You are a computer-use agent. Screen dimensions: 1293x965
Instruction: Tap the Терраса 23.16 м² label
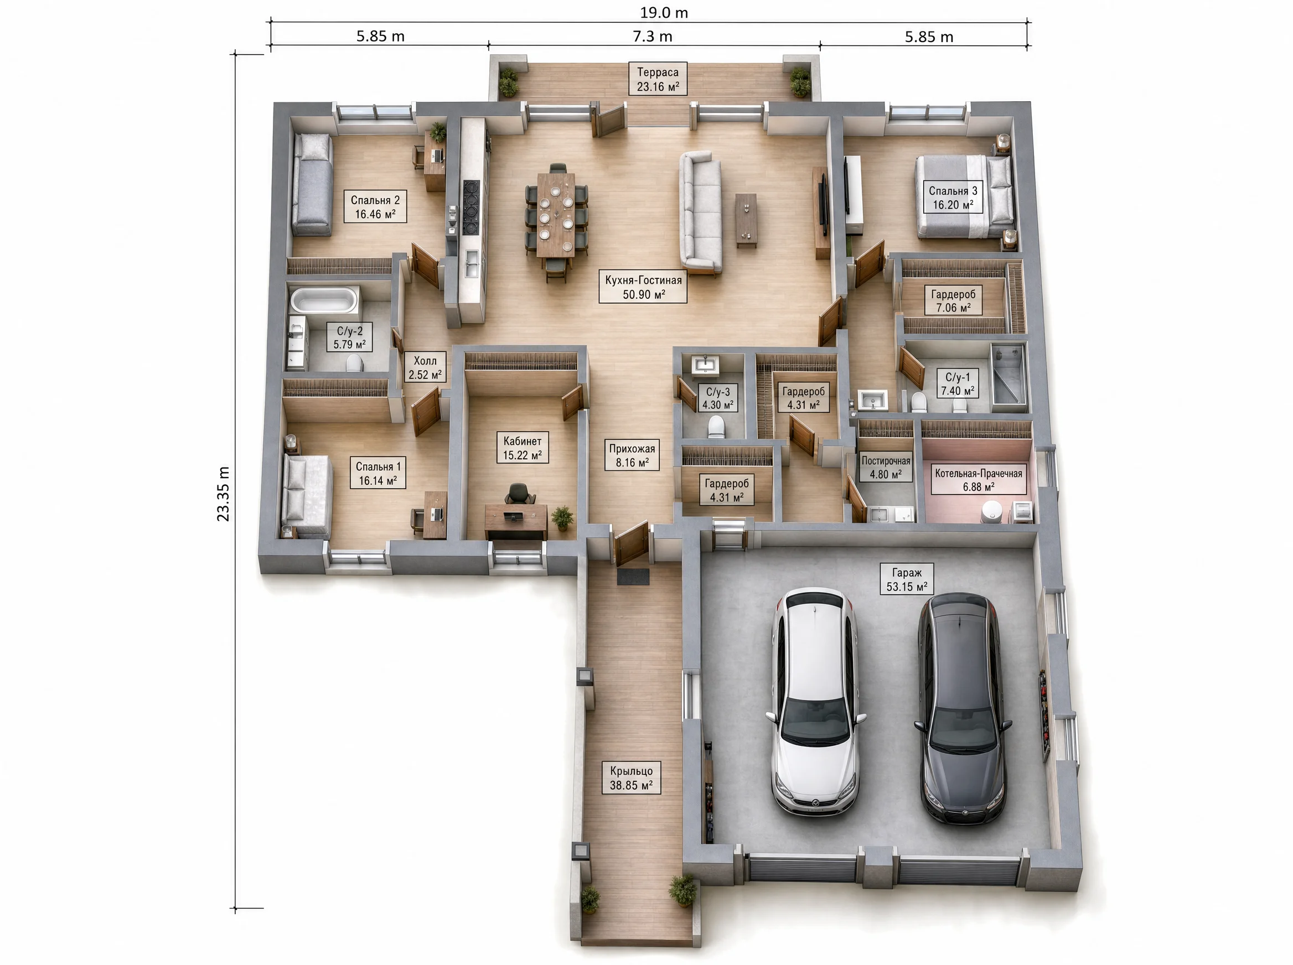pos(658,79)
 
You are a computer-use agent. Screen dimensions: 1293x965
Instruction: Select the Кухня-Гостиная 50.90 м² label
pos(643,286)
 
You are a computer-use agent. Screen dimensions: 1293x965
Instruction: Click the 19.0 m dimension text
pos(664,12)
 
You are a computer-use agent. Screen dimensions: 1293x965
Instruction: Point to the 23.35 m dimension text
pos(223,494)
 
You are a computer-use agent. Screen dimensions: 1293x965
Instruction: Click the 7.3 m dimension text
pos(653,36)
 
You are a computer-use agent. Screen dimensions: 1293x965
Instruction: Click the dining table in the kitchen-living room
pos(556,214)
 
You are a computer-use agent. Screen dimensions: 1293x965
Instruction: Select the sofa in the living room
pos(700,212)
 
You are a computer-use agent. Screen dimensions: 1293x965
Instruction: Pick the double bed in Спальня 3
pos(965,196)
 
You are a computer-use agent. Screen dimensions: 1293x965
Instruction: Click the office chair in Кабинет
pos(518,494)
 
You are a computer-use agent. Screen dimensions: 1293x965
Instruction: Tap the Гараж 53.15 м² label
pos(907,579)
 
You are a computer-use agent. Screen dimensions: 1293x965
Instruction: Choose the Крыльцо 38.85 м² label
pos(631,777)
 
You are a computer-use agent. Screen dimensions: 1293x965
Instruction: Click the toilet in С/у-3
pos(716,427)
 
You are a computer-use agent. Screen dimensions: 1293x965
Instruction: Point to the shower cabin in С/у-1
pos(1008,375)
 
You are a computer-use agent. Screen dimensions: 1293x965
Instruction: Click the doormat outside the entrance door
pos(633,577)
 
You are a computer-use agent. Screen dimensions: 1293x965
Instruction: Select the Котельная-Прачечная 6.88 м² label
pos(979,480)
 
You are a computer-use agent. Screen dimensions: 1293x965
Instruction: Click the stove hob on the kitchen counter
pos(472,207)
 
